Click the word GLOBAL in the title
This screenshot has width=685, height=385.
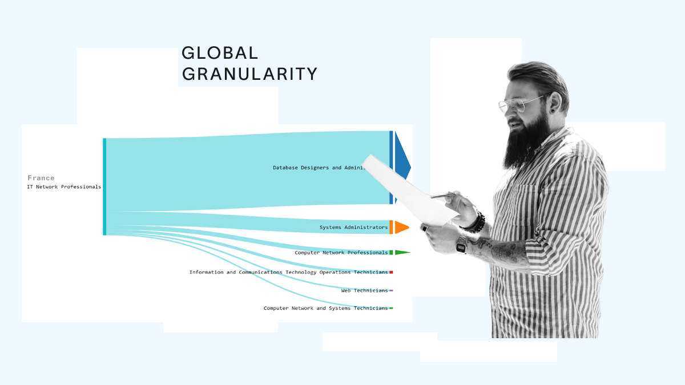pos(220,53)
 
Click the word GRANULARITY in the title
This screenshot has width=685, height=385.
pos(249,74)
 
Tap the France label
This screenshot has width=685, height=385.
pos(41,178)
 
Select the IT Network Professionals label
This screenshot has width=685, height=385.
pos(64,187)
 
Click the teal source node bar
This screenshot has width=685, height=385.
pos(104,187)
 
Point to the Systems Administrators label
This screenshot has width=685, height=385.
pos(353,228)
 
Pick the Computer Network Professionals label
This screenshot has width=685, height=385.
pos(341,253)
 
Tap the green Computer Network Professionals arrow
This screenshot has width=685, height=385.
pos(402,252)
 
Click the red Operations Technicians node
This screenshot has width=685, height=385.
pos(391,273)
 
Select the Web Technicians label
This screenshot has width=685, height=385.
pos(364,291)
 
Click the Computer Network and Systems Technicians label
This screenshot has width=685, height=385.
pos(325,309)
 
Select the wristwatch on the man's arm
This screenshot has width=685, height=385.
pos(461,246)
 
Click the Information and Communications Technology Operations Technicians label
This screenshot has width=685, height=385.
pos(288,273)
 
